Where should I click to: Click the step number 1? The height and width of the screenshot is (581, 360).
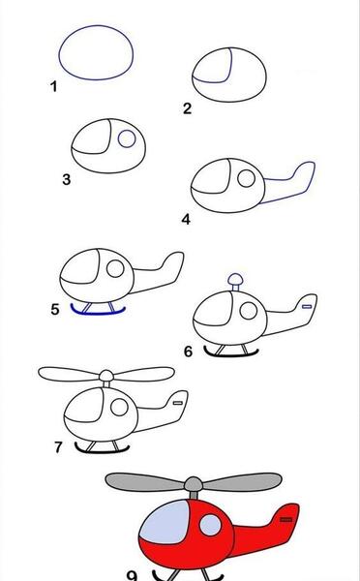pyautogui.click(x=53, y=87)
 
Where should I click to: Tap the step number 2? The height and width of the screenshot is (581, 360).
pyautogui.click(x=187, y=108)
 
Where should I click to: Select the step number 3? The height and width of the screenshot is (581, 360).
pyautogui.click(x=67, y=180)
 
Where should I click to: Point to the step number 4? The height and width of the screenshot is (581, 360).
pyautogui.click(x=186, y=220)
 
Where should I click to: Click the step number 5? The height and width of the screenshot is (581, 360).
pyautogui.click(x=55, y=309)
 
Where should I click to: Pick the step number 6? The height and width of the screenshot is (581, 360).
pyautogui.click(x=188, y=352)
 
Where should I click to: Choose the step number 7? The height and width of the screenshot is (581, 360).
pyautogui.click(x=58, y=446)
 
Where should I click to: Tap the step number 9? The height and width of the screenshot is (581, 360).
pyautogui.click(x=133, y=575)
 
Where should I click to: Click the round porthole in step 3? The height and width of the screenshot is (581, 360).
pyautogui.click(x=127, y=138)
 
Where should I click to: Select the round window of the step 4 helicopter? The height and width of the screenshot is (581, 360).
pyautogui.click(x=247, y=178)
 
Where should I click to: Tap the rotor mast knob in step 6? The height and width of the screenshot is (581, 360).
pyautogui.click(x=235, y=279)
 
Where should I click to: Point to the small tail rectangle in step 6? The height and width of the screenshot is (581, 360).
pyautogui.click(x=307, y=306)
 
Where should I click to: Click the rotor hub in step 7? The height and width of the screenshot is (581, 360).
pyautogui.click(x=106, y=376)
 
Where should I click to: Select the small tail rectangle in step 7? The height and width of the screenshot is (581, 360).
pyautogui.click(x=178, y=403)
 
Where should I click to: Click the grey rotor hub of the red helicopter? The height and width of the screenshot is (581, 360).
pyautogui.click(x=194, y=484)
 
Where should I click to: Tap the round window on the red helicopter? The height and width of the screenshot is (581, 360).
pyautogui.click(x=210, y=525)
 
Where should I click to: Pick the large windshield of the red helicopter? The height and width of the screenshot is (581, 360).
pyautogui.click(x=165, y=523)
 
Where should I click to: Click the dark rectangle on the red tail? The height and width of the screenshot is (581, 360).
pyautogui.click(x=285, y=519)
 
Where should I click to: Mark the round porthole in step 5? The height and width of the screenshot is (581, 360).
pyautogui.click(x=115, y=268)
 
